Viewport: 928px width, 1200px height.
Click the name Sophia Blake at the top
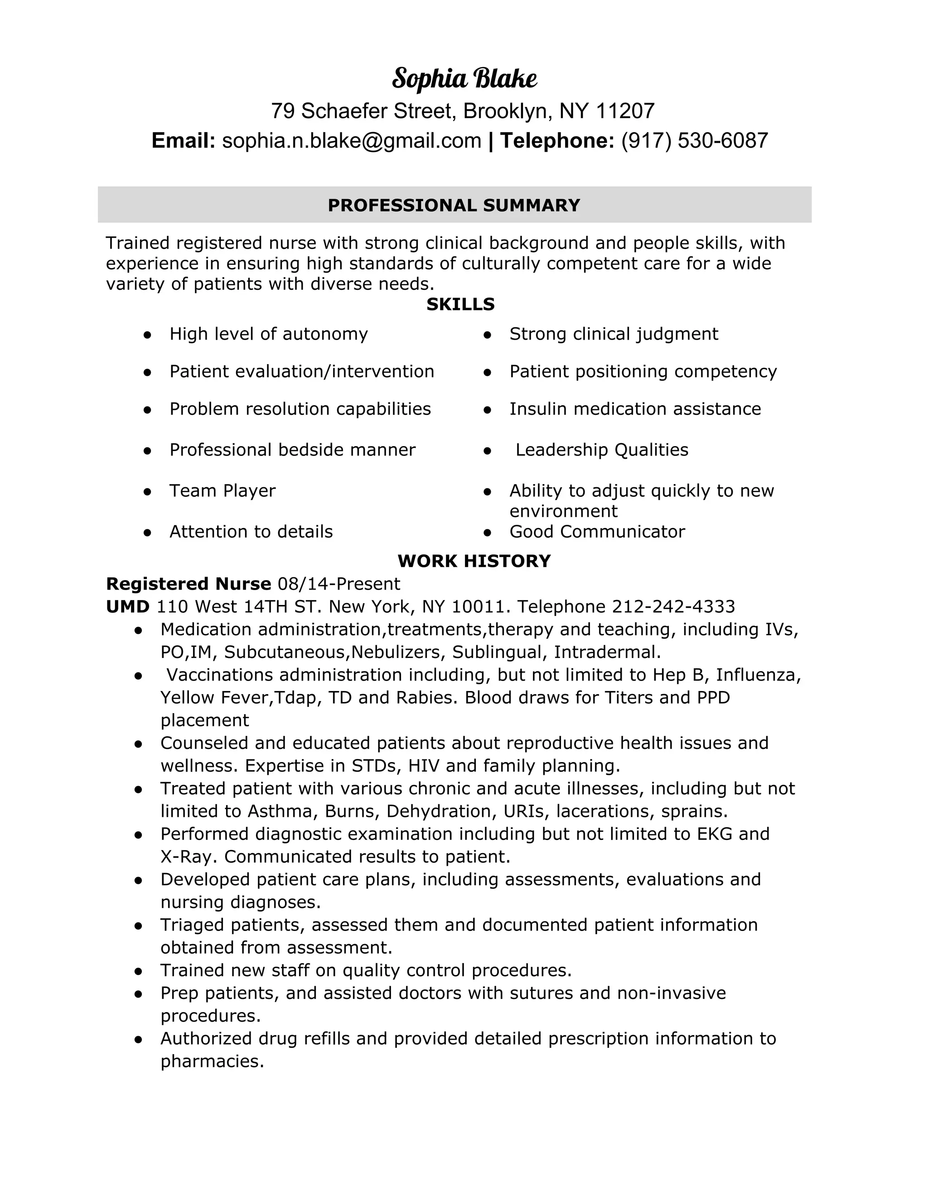point(464,79)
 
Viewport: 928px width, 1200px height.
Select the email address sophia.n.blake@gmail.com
point(351,141)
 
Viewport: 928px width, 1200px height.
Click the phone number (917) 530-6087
point(694,141)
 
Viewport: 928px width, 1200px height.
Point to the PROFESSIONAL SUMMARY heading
point(454,205)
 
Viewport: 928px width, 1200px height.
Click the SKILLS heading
point(460,304)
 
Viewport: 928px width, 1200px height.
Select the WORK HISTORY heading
point(474,561)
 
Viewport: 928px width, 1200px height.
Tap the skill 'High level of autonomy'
point(268,334)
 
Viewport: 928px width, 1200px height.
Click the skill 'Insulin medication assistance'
point(635,409)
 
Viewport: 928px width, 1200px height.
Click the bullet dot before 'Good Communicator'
point(487,532)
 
